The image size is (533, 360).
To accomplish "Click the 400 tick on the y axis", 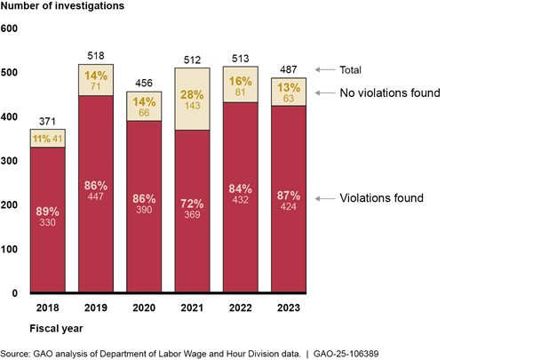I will tap(10, 117).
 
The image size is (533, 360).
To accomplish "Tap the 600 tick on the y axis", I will tap(10, 28).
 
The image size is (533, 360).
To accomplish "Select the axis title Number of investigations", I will tap(60, 9).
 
